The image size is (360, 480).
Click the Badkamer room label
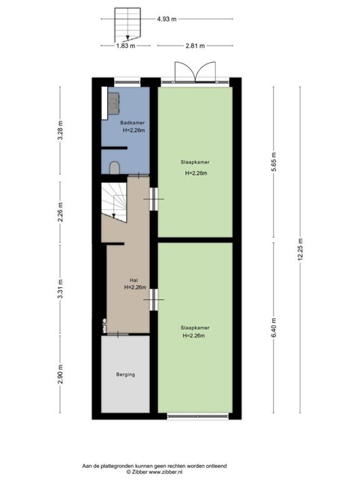(132, 123)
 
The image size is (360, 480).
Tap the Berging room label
(125, 374)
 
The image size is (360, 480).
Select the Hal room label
(133, 280)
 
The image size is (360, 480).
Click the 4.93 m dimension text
(166, 19)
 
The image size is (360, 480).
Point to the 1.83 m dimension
(125, 46)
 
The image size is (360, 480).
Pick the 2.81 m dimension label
(195, 46)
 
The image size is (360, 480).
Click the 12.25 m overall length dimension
(300, 249)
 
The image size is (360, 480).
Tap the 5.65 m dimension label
(274, 162)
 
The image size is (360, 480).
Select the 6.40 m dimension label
(274, 328)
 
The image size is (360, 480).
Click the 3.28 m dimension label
(60, 130)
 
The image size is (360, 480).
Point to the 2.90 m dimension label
(60, 374)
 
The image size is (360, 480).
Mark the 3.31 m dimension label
(60, 289)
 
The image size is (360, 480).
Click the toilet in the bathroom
(115, 168)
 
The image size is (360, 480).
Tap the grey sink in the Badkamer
(113, 103)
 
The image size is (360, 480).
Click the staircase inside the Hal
(114, 202)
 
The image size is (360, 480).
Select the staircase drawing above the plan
(127, 25)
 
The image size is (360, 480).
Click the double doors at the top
(195, 72)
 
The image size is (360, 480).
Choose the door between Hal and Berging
(118, 334)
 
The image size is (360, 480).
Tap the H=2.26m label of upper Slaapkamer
(196, 173)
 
